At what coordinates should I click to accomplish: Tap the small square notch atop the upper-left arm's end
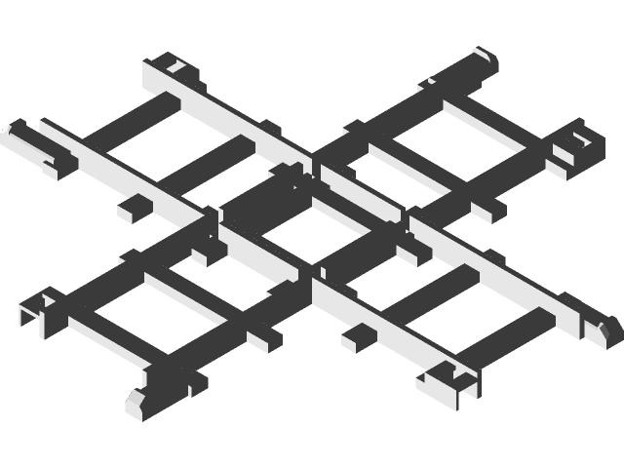click(x=174, y=67)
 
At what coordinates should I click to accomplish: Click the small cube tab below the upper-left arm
click(x=135, y=208)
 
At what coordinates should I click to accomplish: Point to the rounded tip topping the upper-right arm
click(x=485, y=60)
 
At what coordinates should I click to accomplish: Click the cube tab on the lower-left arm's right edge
click(x=264, y=336)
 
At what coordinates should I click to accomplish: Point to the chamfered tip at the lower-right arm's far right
click(x=604, y=328)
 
